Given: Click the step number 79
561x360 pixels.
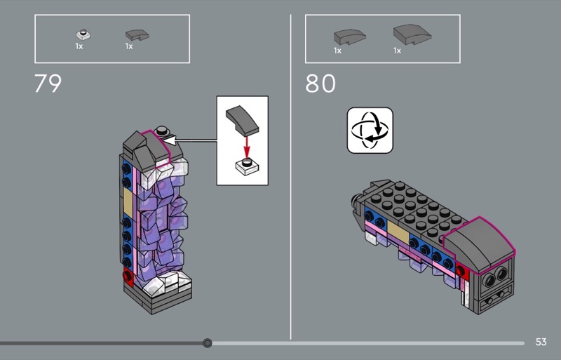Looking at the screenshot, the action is [48, 84].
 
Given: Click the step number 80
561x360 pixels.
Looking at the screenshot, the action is [320, 84].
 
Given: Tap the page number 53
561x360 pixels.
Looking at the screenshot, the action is [541, 342].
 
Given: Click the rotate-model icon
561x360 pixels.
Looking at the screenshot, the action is [370, 131].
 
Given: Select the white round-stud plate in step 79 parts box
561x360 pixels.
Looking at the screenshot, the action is [83, 35].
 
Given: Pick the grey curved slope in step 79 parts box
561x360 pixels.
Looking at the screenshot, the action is [137, 35].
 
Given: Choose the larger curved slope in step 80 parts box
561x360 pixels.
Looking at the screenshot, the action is [412, 34].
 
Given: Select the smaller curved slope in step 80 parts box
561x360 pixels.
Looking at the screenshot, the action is [349, 37].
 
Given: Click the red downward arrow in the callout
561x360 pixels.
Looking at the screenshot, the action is [247, 147].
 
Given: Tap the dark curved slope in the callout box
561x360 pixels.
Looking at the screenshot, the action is [242, 121].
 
